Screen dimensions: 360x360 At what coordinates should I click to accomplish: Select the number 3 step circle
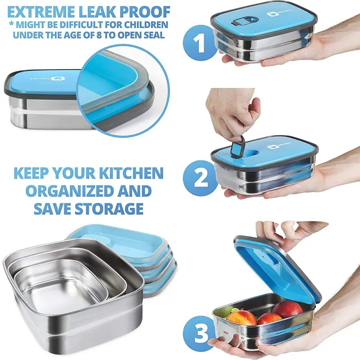199,333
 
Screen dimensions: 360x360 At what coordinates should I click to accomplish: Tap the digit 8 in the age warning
99,35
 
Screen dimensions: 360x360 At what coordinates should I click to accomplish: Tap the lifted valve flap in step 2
238,146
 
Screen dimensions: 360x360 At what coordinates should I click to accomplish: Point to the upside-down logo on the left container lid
46,79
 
